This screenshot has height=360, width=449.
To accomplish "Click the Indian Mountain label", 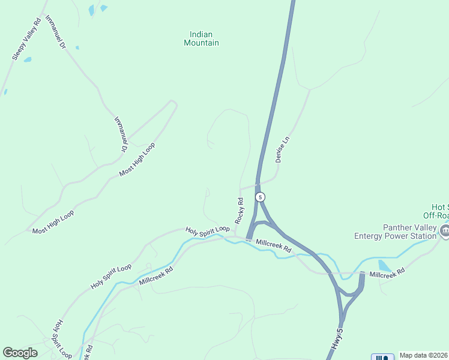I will click(x=201, y=38).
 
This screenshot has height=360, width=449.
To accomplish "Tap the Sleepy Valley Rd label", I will click(x=26, y=38).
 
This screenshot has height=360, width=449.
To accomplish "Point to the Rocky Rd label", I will click(x=240, y=211).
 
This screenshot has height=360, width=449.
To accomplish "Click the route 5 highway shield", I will click(x=260, y=197).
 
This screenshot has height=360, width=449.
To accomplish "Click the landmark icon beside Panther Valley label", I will click(x=444, y=230).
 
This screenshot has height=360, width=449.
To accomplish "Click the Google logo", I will click(x=20, y=353).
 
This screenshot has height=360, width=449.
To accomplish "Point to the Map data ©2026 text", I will click(x=423, y=355).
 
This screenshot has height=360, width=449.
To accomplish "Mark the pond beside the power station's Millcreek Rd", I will click(x=384, y=266).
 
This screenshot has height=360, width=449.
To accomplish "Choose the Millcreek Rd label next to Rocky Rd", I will click(x=273, y=245).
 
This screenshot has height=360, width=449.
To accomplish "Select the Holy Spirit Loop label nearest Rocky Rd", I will click(x=208, y=230).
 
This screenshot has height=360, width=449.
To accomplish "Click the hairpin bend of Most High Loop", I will click(x=173, y=104).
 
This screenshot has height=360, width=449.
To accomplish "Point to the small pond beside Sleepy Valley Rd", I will click(x=28, y=60).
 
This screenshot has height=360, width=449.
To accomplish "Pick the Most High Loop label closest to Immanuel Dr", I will click(x=137, y=160).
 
